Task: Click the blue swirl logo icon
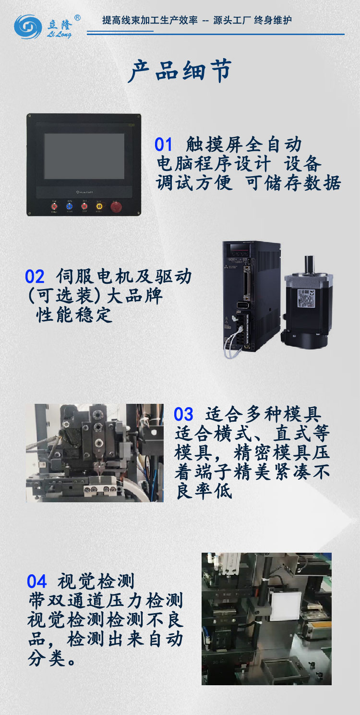point(28,27)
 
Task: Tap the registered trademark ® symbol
point(77,18)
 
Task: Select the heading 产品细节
point(180,71)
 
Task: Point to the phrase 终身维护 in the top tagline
point(273,21)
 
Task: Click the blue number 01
point(163,144)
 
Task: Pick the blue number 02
point(35,277)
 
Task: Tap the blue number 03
point(183,414)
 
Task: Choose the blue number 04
point(36,581)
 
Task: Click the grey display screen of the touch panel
point(84,157)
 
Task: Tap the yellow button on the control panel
point(99,206)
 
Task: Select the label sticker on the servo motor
point(306,298)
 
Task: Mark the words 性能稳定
point(74,315)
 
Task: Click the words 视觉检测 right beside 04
point(96,581)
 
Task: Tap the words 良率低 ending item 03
point(204,491)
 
